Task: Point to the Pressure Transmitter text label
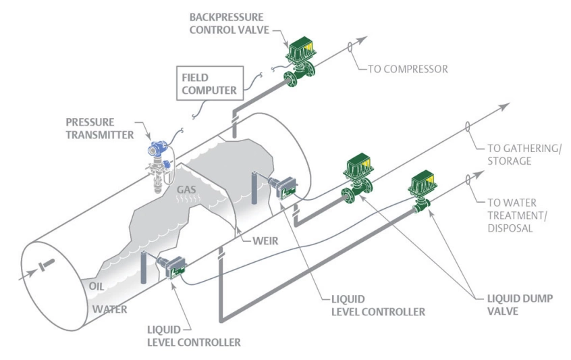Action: coord(101,128)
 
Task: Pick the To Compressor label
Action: coord(409,68)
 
